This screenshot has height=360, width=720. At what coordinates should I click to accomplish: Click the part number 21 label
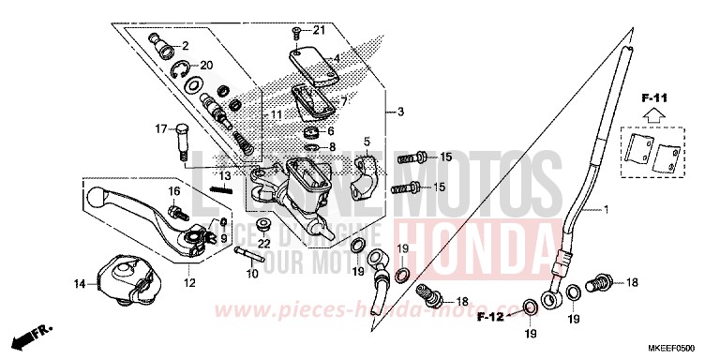[318, 30]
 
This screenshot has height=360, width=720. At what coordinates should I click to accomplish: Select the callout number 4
[335, 57]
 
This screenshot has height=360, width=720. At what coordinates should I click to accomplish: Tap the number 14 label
[80, 283]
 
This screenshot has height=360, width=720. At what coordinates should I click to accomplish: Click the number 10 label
[250, 274]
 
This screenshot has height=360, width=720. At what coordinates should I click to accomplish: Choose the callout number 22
[264, 244]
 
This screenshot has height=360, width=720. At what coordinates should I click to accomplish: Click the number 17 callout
[160, 128]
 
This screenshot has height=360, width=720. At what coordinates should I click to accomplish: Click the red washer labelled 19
[401, 277]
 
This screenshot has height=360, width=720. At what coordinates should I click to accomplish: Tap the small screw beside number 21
[296, 31]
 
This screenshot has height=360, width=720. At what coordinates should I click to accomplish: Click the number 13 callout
[226, 175]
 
